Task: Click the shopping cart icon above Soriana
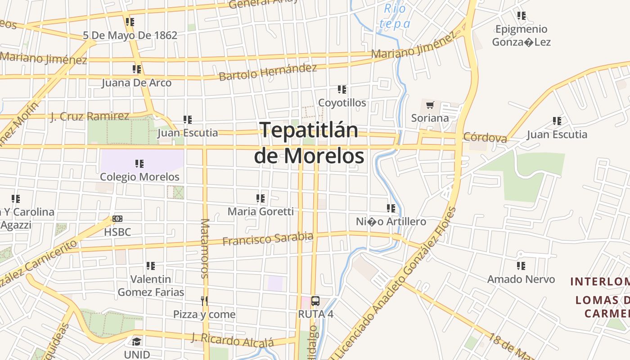pyautogui.click(x=430, y=105)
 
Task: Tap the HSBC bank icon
pyautogui.click(x=117, y=219)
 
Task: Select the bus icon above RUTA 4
pyautogui.click(x=315, y=301)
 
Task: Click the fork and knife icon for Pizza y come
pyautogui.click(x=204, y=301)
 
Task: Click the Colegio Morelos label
pyautogui.click(x=139, y=177)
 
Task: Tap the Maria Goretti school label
pyautogui.click(x=261, y=211)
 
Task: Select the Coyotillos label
pyautogui.click(x=342, y=103)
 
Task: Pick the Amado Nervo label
pyautogui.click(x=521, y=279)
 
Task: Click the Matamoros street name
pyautogui.click(x=205, y=248)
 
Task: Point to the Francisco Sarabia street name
pyautogui.click(x=268, y=238)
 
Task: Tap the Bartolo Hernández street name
pyautogui.click(x=268, y=72)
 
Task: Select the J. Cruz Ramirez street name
pyautogui.click(x=90, y=117)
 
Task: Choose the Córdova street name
pyautogui.click(x=485, y=137)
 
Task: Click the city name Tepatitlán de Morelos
pyautogui.click(x=309, y=143)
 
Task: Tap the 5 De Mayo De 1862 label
pyautogui.click(x=130, y=35)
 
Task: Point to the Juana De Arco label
pyautogui.click(x=136, y=83)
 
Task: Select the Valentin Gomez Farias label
pyautogui.click(x=151, y=286)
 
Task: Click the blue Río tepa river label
pyautogui.click(x=395, y=16)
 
